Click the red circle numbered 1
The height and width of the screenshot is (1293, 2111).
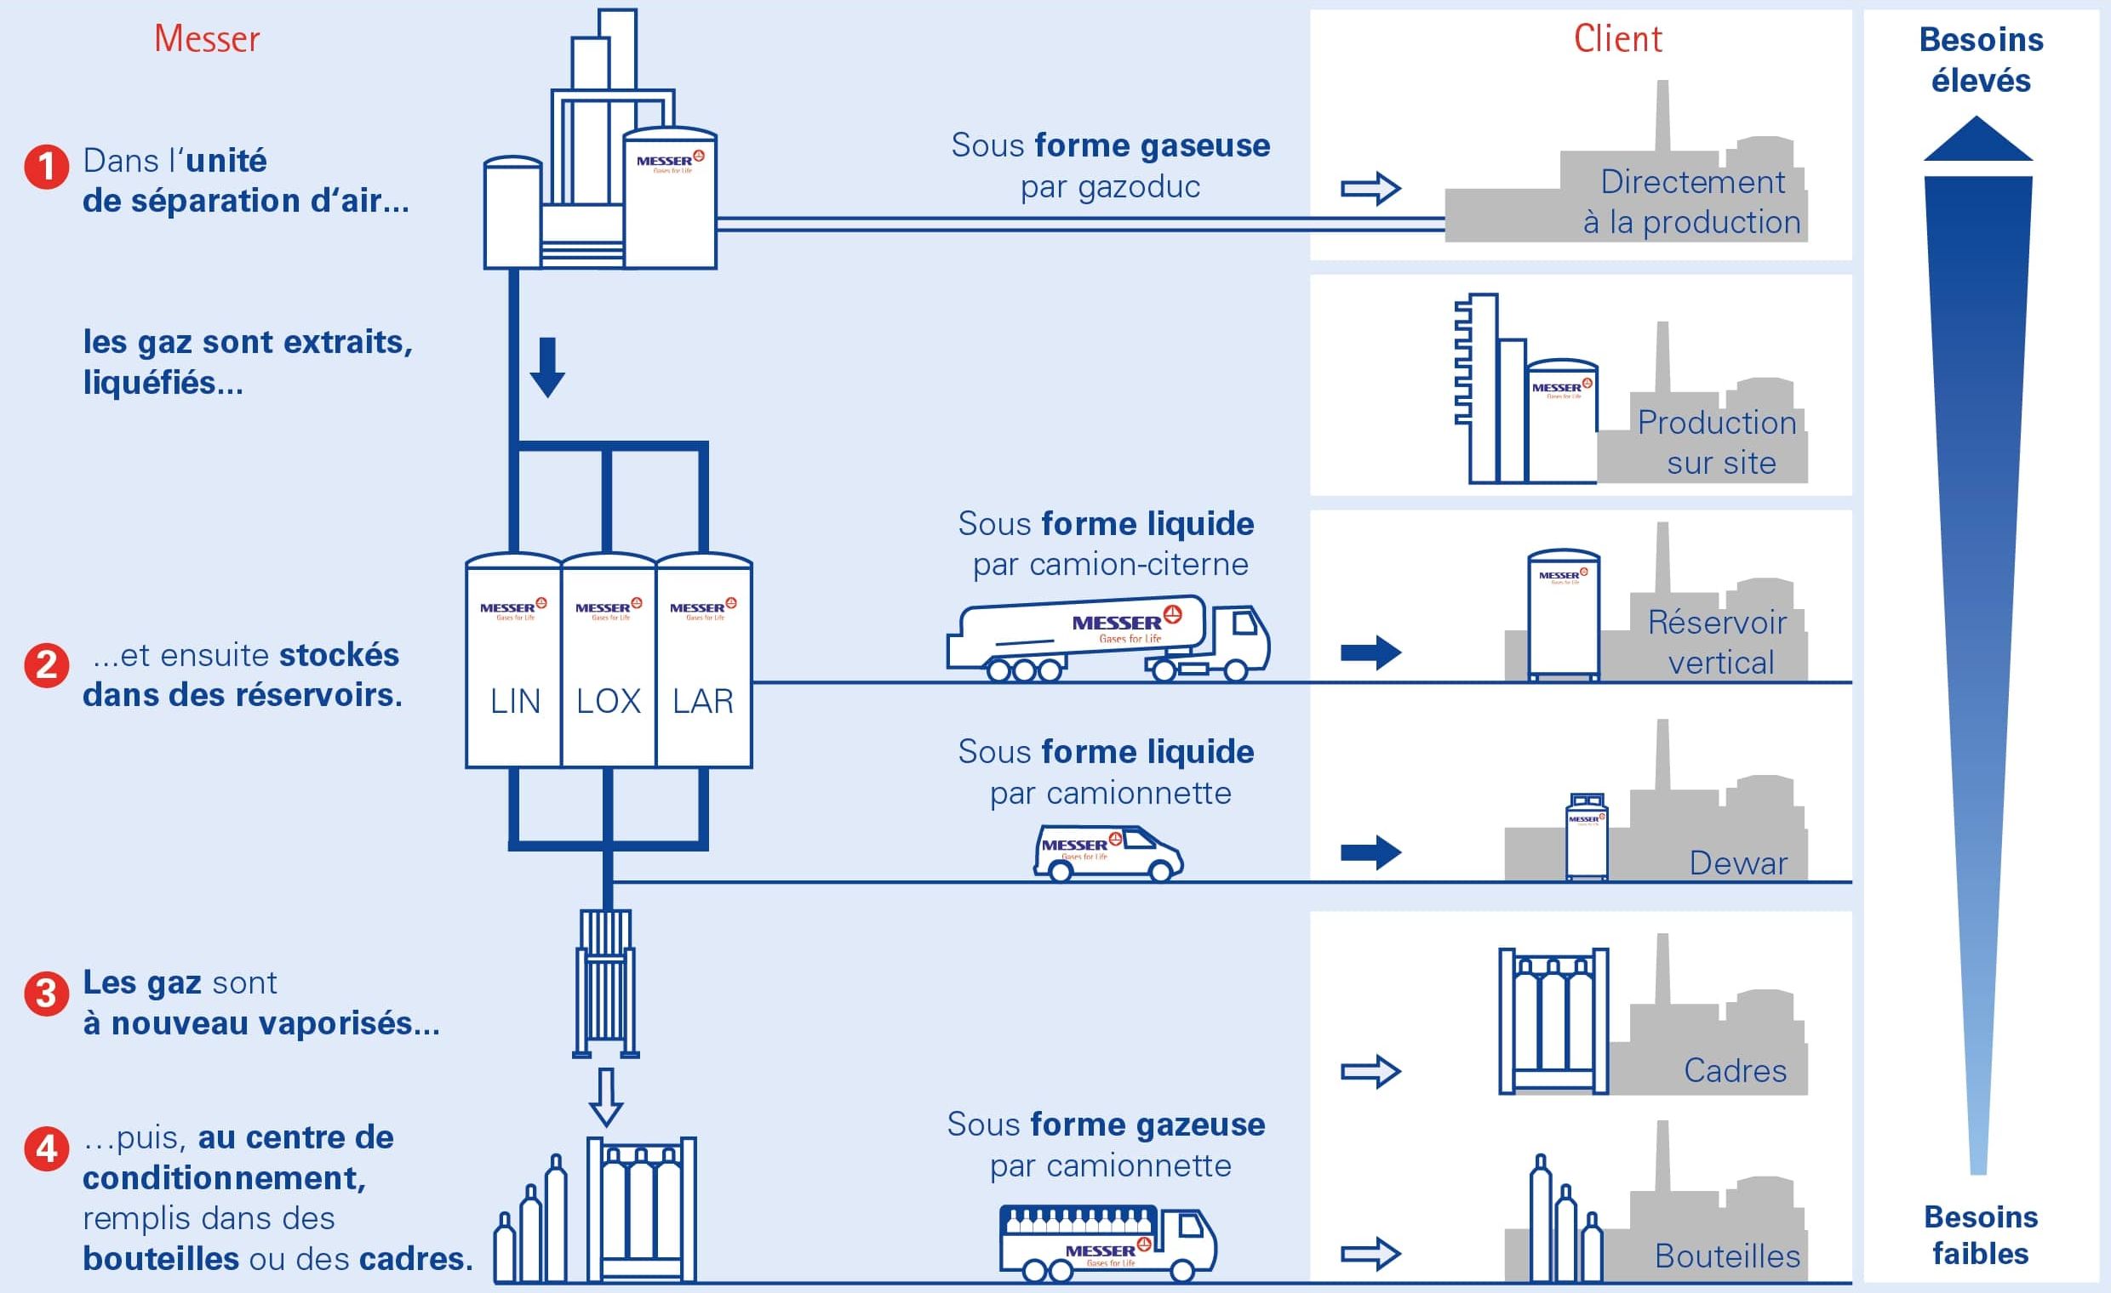(46, 166)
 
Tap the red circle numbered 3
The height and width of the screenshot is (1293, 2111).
(46, 994)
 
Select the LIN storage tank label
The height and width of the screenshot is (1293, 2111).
(515, 701)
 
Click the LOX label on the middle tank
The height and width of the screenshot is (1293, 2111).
(609, 701)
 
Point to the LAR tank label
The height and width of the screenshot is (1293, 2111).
(702, 701)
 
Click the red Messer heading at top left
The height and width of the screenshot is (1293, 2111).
(207, 39)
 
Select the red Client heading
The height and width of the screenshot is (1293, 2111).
(1617, 39)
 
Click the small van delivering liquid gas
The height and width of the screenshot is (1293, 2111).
(1107, 853)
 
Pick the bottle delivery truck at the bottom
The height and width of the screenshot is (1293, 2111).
(1107, 1244)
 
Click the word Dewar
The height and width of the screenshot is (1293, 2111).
(1738, 863)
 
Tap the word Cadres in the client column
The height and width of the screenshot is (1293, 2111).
(1735, 1070)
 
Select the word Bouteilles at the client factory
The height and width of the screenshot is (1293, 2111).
(1727, 1256)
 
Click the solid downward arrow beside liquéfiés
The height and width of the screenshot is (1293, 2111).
(546, 367)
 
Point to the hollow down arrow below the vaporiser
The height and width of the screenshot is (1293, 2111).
(606, 1096)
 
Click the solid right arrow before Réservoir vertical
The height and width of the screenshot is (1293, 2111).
(1370, 652)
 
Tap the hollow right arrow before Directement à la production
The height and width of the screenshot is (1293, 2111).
(1370, 188)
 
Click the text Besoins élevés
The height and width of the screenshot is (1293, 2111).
(1981, 60)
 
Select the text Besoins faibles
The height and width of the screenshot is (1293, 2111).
(1981, 1235)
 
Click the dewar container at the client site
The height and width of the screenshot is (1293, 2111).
(1586, 836)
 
